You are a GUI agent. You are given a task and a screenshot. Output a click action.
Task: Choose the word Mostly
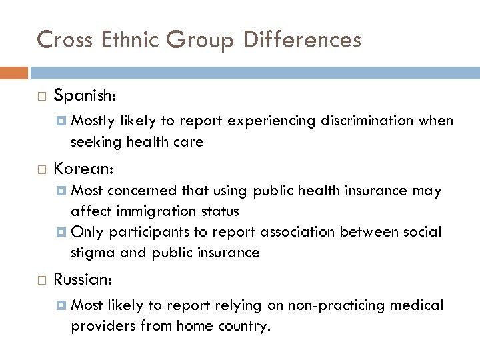point(93,121)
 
